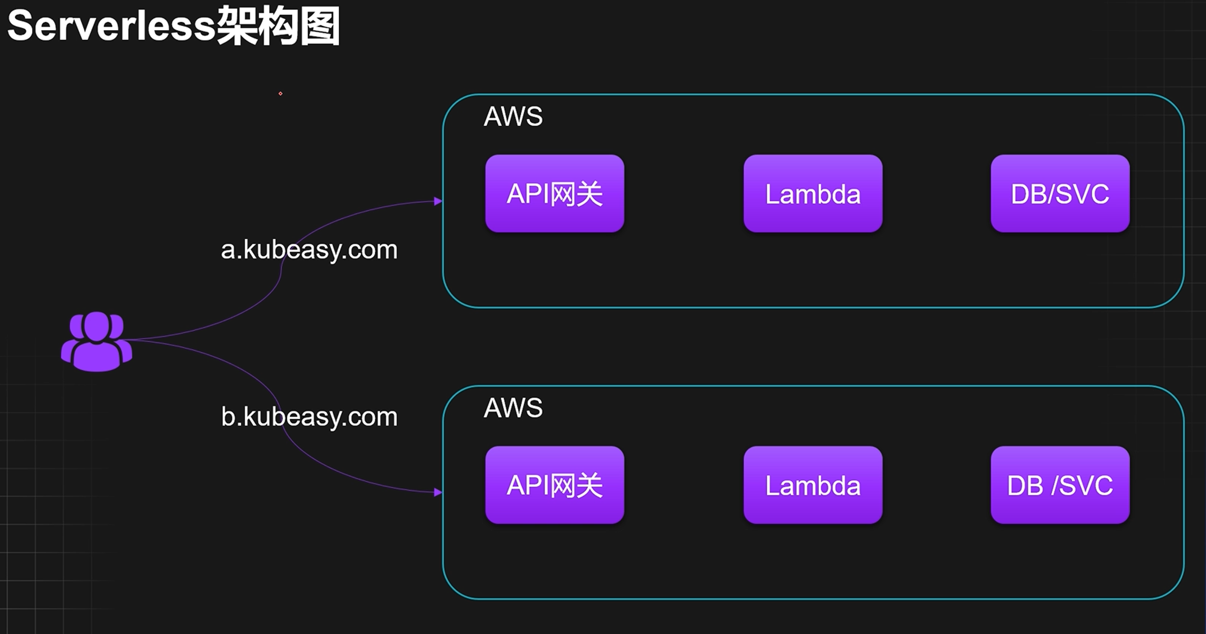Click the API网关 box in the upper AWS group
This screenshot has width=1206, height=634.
tap(554, 193)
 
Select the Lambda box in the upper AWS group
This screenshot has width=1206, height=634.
tap(813, 193)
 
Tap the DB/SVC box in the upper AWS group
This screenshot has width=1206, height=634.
tap(1060, 193)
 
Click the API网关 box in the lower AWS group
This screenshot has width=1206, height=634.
tap(554, 485)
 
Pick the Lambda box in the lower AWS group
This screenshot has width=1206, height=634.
tap(813, 485)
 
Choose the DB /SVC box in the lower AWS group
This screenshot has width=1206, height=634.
tap(1060, 485)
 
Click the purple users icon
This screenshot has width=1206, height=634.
tap(97, 341)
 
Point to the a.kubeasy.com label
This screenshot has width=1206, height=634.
tap(309, 250)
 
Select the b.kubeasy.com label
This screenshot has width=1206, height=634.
tap(309, 417)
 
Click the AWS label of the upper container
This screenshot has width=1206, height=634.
tap(513, 116)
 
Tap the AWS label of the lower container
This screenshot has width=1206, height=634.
tap(513, 408)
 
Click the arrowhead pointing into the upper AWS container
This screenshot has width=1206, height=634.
tap(438, 201)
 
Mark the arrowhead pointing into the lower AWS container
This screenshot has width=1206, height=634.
tap(438, 492)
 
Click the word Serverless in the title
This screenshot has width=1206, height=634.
tap(112, 26)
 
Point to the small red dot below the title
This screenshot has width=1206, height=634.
tap(280, 93)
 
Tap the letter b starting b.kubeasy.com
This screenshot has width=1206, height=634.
tap(229, 417)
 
